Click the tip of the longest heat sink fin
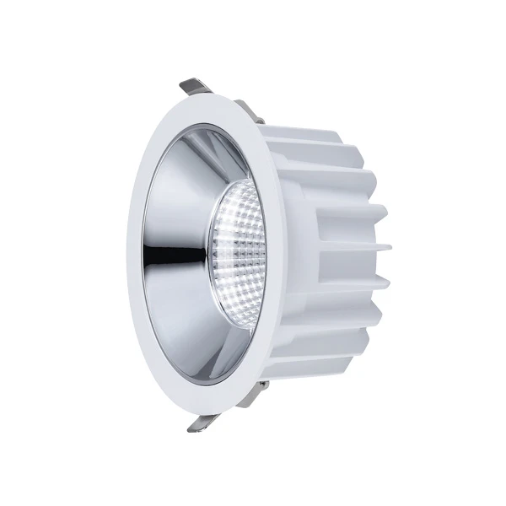pyautogui.click(x=390, y=247)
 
